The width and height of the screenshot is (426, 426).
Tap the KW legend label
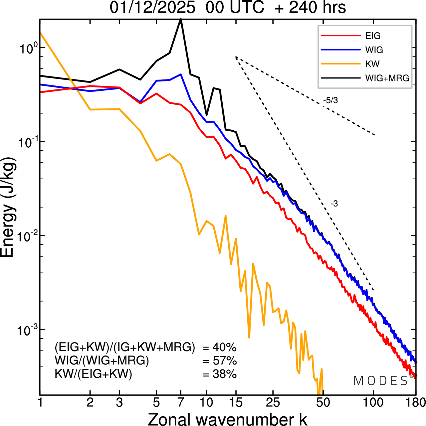372,64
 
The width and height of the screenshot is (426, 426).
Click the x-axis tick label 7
180,402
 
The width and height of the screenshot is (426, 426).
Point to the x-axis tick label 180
415,402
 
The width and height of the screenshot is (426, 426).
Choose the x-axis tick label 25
273,402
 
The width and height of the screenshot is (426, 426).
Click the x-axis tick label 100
373,402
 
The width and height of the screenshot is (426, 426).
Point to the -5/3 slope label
330,100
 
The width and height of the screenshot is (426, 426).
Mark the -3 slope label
334,204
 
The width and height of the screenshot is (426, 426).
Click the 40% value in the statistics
225,348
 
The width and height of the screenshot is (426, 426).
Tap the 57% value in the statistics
225,361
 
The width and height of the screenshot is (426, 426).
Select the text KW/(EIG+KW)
94,374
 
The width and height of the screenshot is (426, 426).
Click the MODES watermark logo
381,381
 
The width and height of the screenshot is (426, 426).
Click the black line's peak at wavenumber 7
181,20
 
